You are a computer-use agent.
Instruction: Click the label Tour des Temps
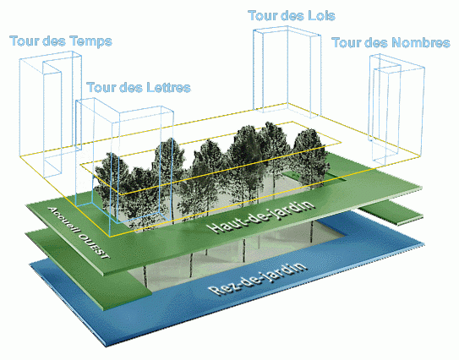61,41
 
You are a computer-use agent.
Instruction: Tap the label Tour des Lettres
139,87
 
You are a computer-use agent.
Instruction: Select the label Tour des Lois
292,15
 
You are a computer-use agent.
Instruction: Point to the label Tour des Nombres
391,43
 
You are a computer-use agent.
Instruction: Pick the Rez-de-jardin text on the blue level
258,278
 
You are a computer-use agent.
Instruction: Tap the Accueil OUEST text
79,232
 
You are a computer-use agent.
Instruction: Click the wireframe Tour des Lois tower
287,70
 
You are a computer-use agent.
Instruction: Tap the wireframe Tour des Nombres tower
397,108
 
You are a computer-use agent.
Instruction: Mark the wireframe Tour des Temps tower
51,114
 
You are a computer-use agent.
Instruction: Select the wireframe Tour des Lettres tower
123,166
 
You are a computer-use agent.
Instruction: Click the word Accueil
63,220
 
